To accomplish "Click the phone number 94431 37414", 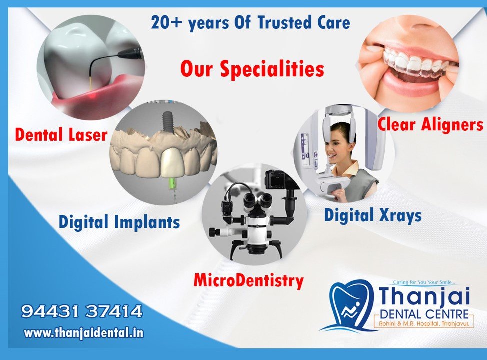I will coord(82,312).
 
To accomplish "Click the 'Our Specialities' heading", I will coord(252,69).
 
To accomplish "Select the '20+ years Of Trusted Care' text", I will coord(250,23).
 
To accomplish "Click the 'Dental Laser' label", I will coord(61,134).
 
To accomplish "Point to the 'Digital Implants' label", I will coord(119,221).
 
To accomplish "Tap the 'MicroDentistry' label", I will coord(248,280).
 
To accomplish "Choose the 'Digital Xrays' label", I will coord(372,215).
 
